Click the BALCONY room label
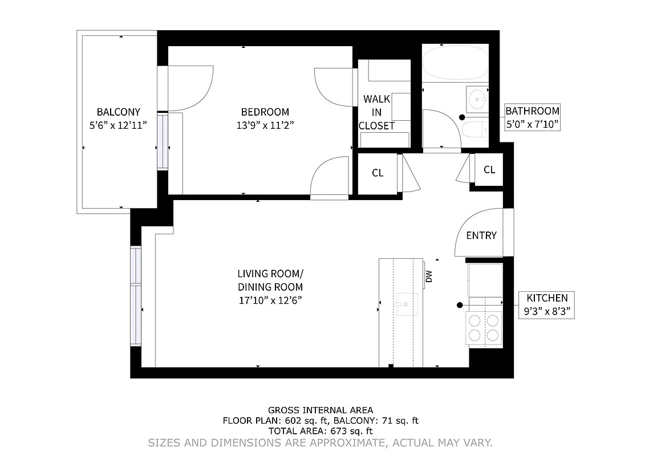pos(118,112)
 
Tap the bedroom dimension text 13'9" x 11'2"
pos(265,125)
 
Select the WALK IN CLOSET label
pos(376,113)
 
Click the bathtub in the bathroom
pos(455,63)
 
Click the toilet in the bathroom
pos(474,131)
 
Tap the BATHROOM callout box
pos(533,117)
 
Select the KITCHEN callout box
pos(546,304)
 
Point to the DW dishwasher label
pos(429,276)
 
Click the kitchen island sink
pos(407,304)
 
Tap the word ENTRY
pos(481,235)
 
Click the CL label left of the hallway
pos(378,173)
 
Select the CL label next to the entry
pos(489,170)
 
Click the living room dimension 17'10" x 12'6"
pos(270,300)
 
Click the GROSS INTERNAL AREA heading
pos(321,410)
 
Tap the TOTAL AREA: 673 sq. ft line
pos(321,431)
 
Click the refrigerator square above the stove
pos(485,280)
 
